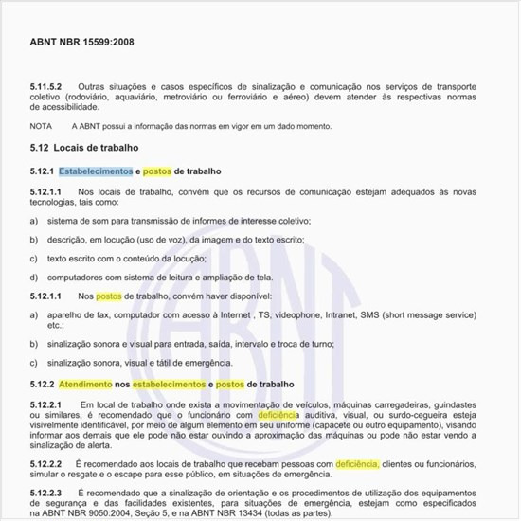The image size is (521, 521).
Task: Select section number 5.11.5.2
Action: [45, 87]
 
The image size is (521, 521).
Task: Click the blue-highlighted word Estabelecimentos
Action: [96, 171]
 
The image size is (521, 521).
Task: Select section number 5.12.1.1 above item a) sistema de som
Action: [45, 191]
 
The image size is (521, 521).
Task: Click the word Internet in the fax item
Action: [232, 314]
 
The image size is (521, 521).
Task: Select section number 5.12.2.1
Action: [45, 404]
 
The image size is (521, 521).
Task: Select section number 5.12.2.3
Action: [45, 494]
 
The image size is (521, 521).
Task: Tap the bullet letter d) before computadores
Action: [34, 277]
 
